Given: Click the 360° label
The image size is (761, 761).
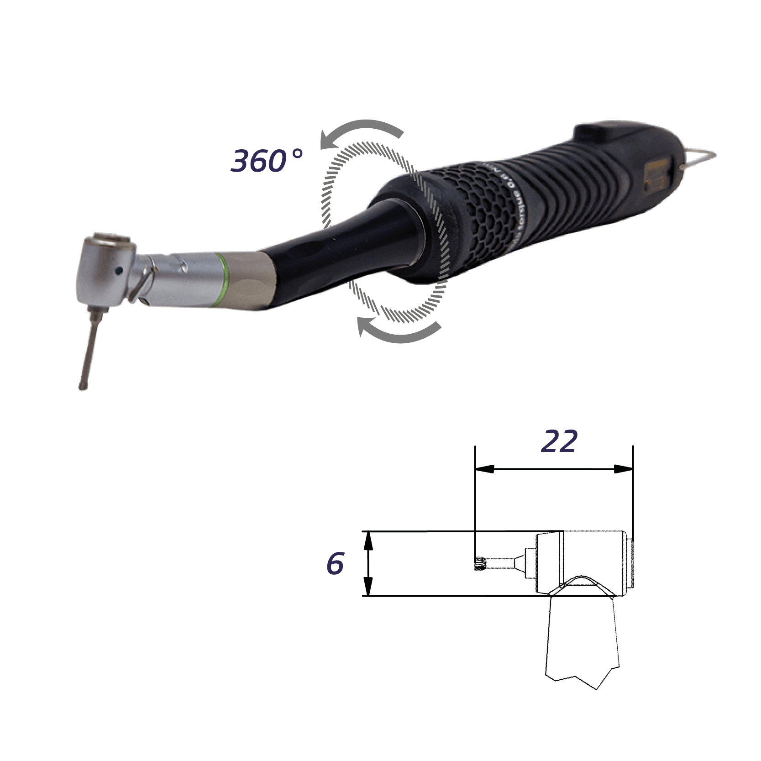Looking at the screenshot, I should (267, 160).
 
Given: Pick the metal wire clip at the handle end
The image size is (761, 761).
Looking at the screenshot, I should (698, 157).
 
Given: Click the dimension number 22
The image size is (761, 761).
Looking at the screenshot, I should (559, 441).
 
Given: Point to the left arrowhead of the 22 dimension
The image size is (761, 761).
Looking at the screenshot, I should (484, 469).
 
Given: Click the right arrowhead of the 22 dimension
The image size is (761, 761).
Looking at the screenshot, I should (624, 469).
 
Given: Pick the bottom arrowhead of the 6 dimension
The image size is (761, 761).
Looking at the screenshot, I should (368, 587).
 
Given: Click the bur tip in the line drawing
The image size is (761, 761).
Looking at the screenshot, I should (479, 565).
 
